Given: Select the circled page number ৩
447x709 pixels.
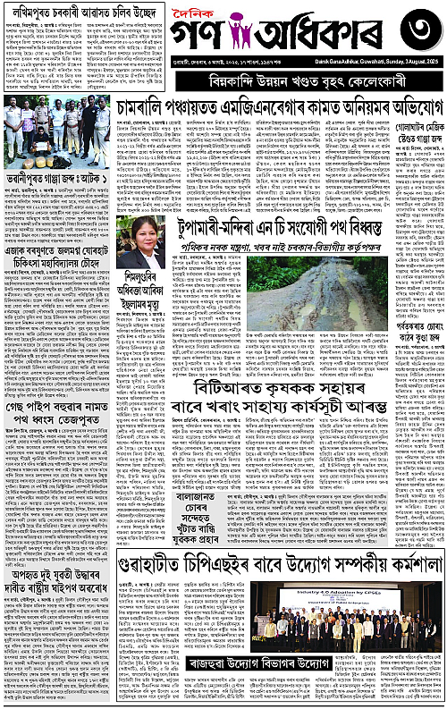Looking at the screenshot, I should [x=417, y=37].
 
